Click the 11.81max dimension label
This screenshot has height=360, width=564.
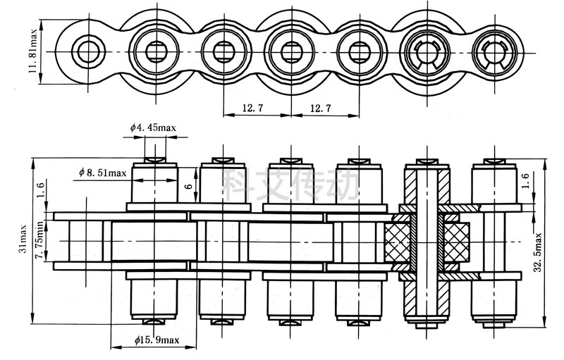32,51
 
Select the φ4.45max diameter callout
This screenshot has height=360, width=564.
153,128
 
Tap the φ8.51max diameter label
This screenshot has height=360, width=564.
103,173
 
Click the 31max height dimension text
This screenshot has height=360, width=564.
23,239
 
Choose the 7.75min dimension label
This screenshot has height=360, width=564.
39,240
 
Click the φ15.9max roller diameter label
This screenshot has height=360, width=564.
157,341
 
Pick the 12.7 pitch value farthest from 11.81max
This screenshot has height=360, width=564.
321,108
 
